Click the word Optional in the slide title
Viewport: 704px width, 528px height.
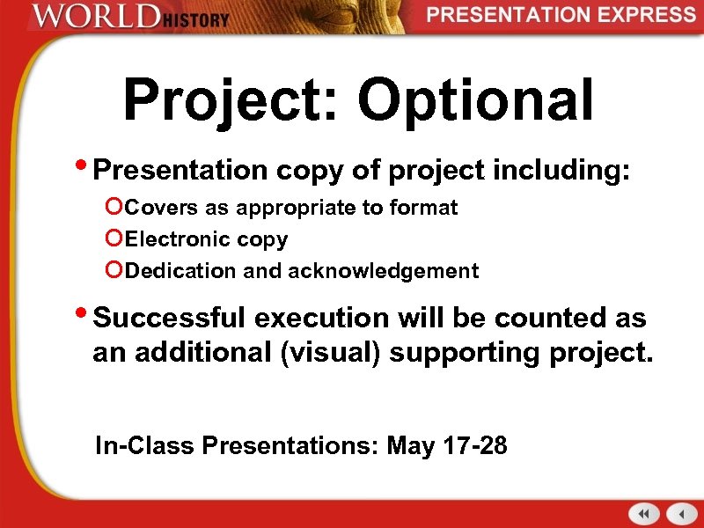[x=476, y=100]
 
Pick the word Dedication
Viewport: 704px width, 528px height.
[x=182, y=271]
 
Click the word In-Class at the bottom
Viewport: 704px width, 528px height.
[x=145, y=446]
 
